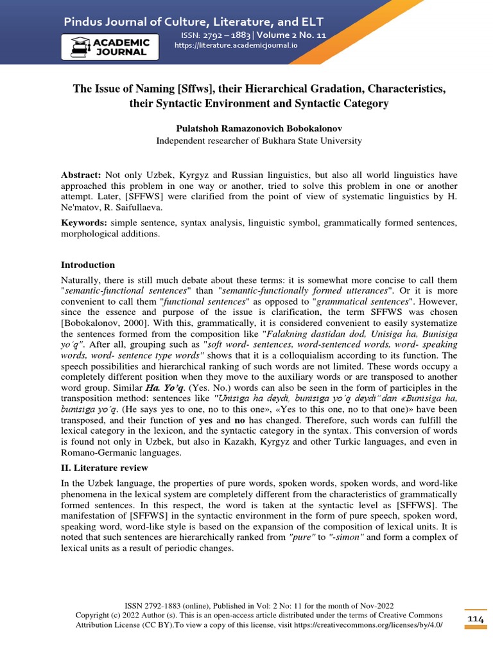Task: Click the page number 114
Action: (x=475, y=618)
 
